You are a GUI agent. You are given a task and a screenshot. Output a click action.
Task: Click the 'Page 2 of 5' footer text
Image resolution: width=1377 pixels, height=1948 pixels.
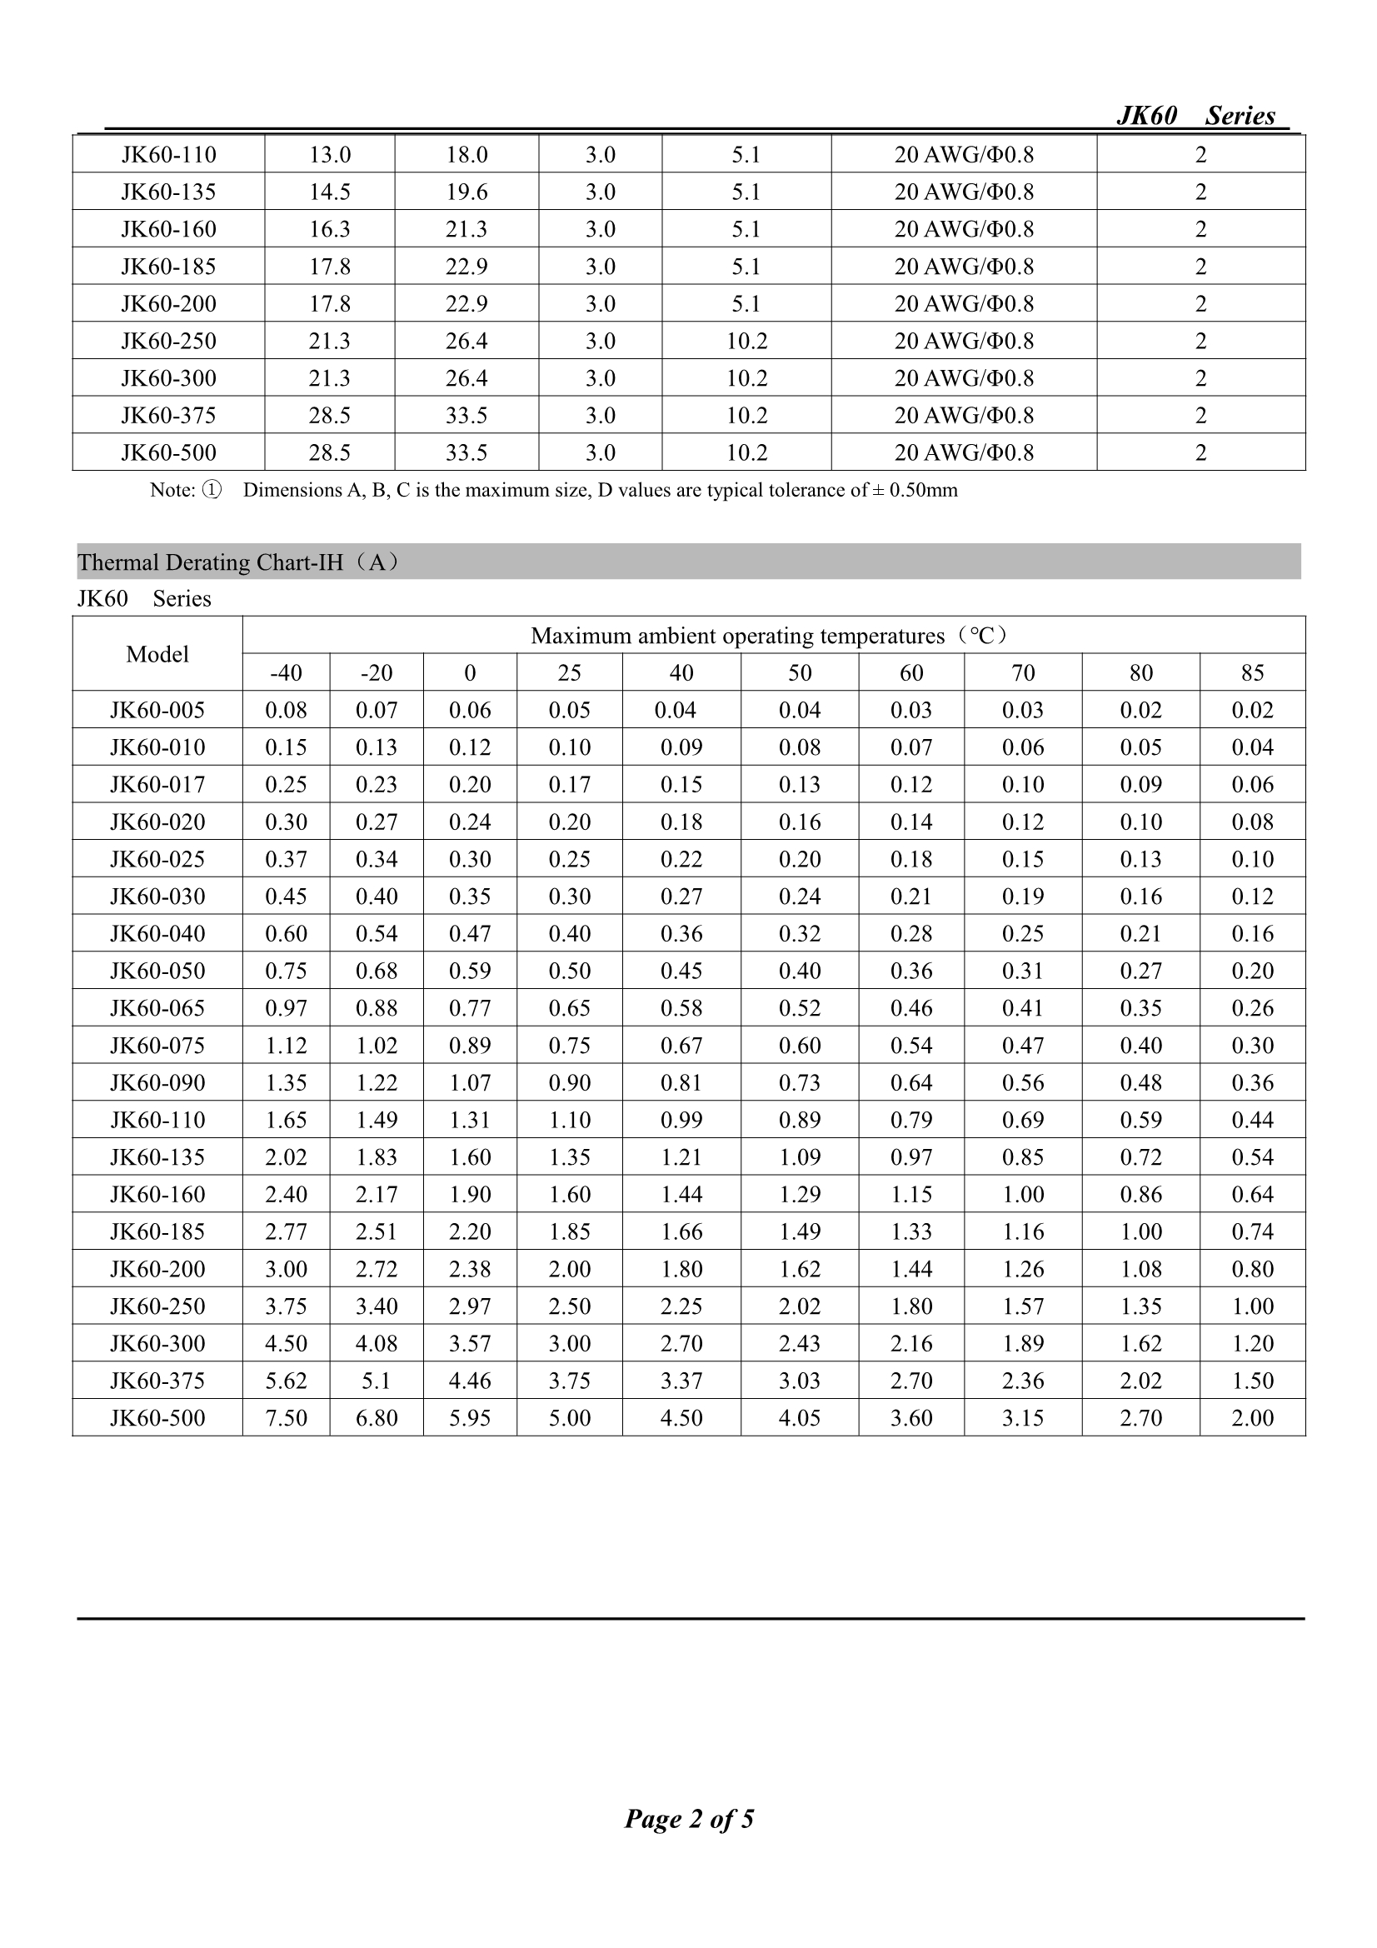(689, 1817)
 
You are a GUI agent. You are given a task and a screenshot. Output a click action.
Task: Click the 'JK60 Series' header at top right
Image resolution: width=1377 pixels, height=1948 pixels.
(1195, 115)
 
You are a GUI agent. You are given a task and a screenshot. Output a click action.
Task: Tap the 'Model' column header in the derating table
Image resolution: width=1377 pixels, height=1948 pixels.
(157, 654)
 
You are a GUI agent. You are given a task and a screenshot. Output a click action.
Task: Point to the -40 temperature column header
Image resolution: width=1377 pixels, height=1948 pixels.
(286, 673)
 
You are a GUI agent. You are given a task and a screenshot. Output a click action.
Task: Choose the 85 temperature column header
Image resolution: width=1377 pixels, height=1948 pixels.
(1252, 673)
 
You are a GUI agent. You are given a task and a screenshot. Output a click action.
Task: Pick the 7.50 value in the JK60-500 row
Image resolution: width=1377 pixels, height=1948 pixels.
(286, 1418)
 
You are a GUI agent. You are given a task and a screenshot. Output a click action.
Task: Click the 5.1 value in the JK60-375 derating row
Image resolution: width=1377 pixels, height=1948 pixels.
(376, 1381)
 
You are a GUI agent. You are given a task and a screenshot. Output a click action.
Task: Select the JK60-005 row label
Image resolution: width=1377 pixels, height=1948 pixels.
(157, 710)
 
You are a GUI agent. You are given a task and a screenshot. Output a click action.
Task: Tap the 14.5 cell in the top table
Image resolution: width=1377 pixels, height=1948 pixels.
(329, 192)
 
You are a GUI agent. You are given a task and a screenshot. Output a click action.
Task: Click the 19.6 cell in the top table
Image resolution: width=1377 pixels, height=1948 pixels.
(466, 192)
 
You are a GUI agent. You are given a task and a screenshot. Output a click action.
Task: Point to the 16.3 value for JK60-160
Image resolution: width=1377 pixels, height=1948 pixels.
(329, 229)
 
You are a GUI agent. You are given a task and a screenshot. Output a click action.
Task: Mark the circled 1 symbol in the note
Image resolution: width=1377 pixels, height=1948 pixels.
(212, 491)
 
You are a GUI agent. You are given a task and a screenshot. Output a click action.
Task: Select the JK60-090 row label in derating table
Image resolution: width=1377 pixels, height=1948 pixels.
(157, 1082)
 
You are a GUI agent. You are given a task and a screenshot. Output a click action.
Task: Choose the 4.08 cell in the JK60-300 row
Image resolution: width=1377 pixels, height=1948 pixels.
(376, 1343)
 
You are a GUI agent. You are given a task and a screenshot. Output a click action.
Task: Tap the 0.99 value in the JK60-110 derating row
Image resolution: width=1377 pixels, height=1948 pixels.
(681, 1120)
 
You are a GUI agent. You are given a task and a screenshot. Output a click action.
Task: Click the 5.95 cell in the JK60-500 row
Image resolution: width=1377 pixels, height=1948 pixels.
(470, 1418)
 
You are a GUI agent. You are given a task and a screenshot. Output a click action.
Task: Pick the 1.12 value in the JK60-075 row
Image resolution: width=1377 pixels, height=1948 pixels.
(286, 1046)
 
